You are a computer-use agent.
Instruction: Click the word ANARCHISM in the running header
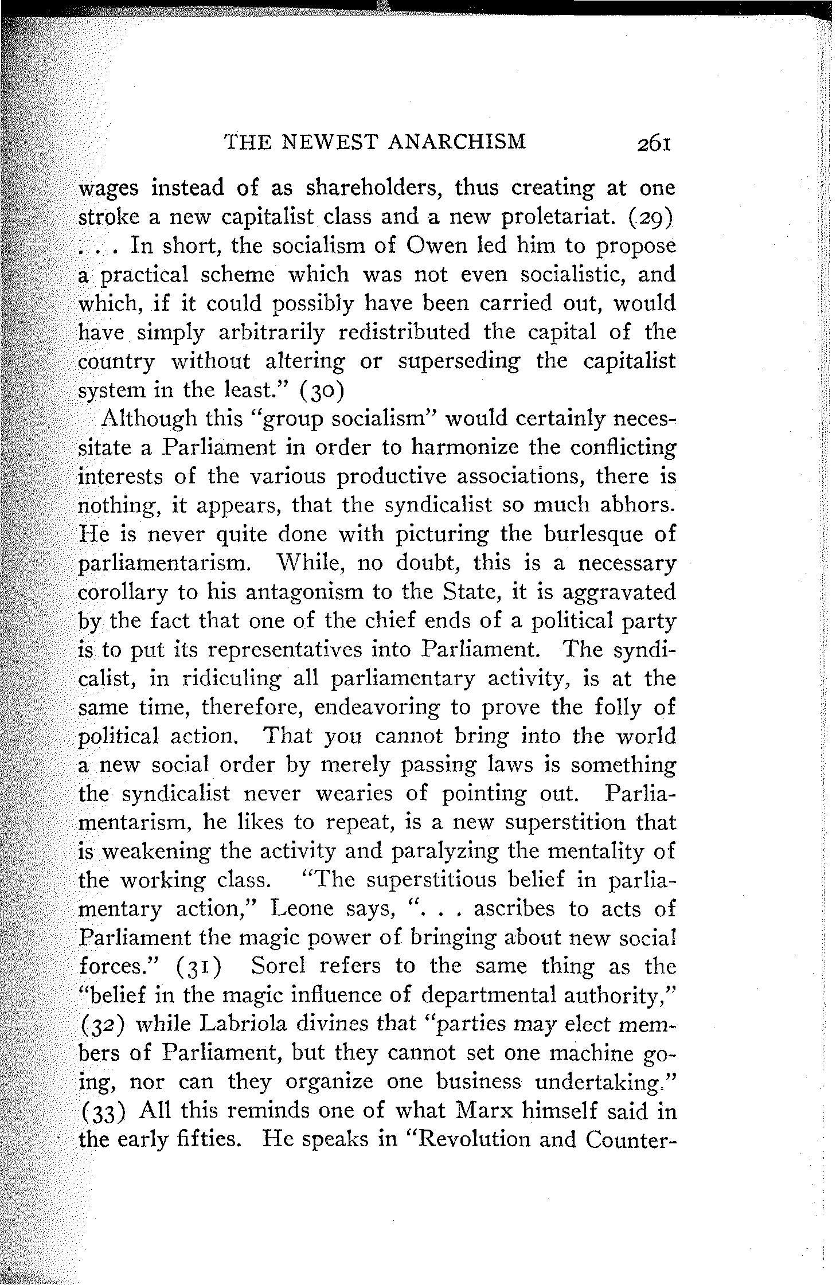click(457, 141)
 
